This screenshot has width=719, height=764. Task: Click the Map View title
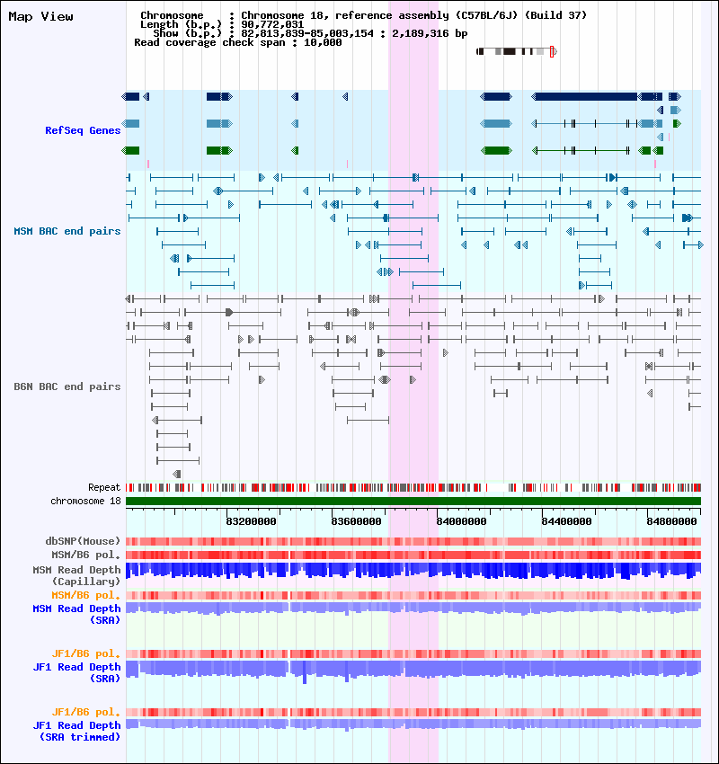point(40,16)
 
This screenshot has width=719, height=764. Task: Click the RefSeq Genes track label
point(83,130)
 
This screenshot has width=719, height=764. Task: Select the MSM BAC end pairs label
point(67,231)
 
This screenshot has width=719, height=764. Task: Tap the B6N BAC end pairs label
point(67,386)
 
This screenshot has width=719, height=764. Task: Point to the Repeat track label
point(104,487)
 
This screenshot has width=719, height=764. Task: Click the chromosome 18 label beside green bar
point(85,501)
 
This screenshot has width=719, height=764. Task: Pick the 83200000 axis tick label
point(251,520)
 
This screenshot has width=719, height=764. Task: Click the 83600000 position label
point(357,520)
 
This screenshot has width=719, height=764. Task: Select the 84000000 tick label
point(462,520)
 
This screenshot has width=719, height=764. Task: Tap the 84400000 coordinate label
point(568,520)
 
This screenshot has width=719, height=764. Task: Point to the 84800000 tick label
point(673,520)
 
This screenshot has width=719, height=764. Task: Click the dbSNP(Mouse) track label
point(83,541)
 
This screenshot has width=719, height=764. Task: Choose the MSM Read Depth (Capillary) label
point(76,575)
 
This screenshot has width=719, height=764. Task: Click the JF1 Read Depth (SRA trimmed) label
point(76,731)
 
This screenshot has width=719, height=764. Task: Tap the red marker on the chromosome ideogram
point(552,51)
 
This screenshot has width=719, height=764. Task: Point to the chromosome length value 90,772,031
point(272,24)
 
